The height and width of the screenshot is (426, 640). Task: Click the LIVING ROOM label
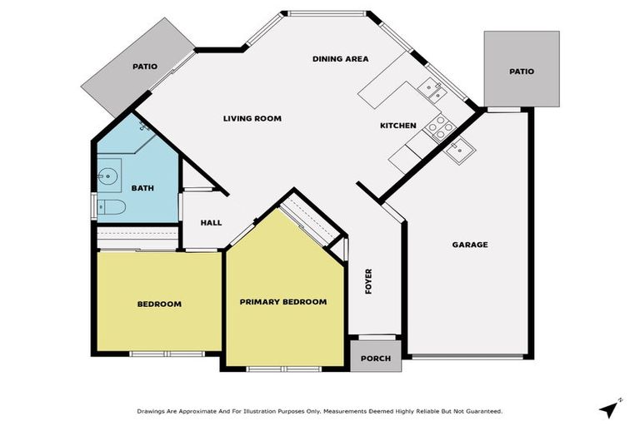[252, 119]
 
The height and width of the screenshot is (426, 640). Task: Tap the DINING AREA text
[340, 59]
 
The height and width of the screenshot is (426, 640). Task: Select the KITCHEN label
[398, 126]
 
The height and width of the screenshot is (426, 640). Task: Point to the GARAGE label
[470, 245]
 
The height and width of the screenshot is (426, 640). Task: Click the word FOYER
[368, 281]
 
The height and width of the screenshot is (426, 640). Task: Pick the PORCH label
[377, 359]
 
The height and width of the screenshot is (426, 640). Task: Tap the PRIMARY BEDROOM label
[282, 301]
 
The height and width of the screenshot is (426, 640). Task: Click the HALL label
[211, 223]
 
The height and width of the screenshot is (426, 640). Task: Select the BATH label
[142, 189]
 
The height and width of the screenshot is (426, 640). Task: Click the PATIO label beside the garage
[522, 72]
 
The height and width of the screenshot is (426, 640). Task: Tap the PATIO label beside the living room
[145, 67]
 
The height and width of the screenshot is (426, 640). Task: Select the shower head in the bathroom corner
[144, 126]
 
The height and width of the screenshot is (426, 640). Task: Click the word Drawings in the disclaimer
[152, 411]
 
